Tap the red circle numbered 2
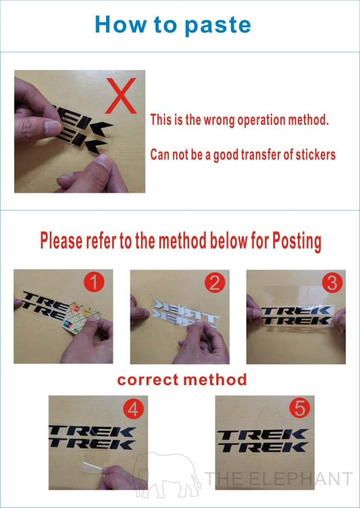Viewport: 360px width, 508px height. click(214, 284)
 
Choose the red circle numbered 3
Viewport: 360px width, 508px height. click(332, 283)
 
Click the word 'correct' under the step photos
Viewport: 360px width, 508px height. click(147, 380)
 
